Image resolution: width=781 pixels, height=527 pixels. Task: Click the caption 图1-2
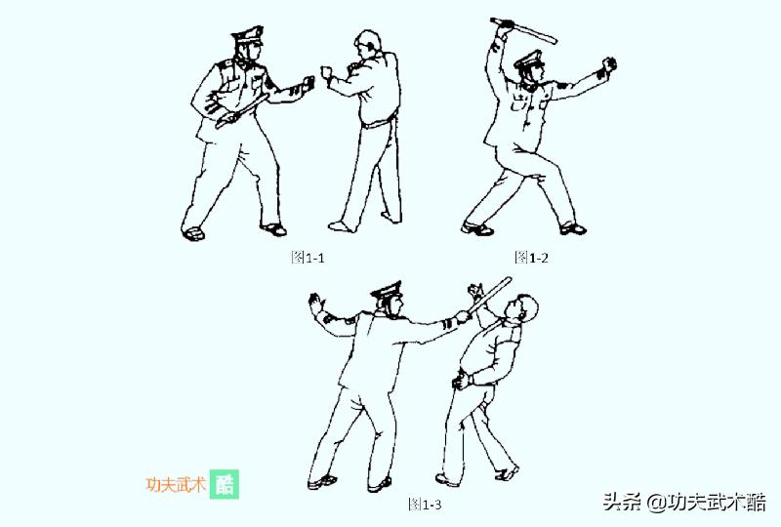pos(532,257)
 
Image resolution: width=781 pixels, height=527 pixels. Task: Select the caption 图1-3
pos(425,504)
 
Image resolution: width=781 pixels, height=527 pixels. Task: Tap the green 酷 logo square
pos(225,485)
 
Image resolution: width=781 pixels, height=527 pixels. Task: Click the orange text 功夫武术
pos(176,485)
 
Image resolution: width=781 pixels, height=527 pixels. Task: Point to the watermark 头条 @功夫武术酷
pos(683,503)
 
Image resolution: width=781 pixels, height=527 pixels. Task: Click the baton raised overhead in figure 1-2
pos(524,29)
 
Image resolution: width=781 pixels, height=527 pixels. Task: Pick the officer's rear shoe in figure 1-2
pos(476,228)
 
